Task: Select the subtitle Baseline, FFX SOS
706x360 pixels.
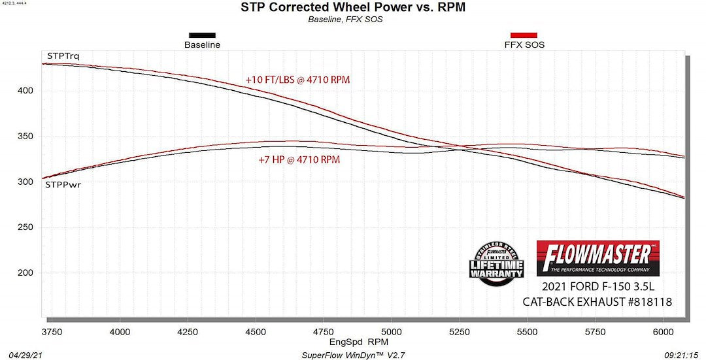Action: pyautogui.click(x=345, y=20)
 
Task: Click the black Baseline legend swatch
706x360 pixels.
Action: pyautogui.click(x=202, y=35)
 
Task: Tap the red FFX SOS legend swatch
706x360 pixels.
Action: pyautogui.click(x=523, y=35)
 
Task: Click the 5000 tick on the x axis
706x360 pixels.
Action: pyautogui.click(x=392, y=332)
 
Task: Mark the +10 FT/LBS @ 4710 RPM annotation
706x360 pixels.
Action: pyautogui.click(x=298, y=80)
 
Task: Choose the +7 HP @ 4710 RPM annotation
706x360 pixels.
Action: pyautogui.click(x=299, y=159)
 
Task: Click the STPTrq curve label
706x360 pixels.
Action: pyautogui.click(x=63, y=56)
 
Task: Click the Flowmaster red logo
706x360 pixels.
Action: pyautogui.click(x=597, y=258)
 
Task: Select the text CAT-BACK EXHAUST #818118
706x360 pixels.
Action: pyautogui.click(x=597, y=302)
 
